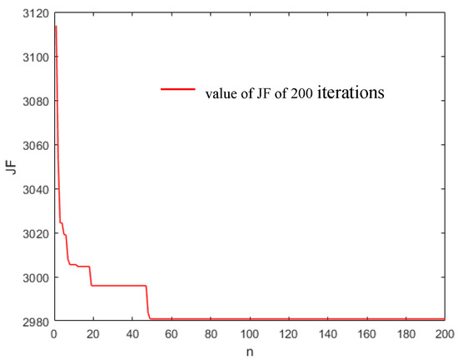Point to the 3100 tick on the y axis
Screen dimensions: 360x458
click(34, 56)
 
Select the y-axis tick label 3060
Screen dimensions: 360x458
click(34, 144)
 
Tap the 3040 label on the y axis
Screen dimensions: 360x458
click(34, 188)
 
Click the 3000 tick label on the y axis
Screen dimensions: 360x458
click(34, 277)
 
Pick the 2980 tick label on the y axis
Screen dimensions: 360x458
click(34, 320)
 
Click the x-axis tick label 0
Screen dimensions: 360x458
click(53, 332)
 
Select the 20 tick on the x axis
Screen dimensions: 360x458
click(92, 332)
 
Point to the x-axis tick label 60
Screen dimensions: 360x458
click(171, 332)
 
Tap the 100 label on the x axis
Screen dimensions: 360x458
click(249, 332)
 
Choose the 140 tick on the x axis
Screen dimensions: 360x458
click(327, 332)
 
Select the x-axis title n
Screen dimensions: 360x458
click(249, 350)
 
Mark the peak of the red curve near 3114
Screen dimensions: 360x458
click(55, 26)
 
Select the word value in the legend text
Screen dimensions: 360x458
click(219, 94)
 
